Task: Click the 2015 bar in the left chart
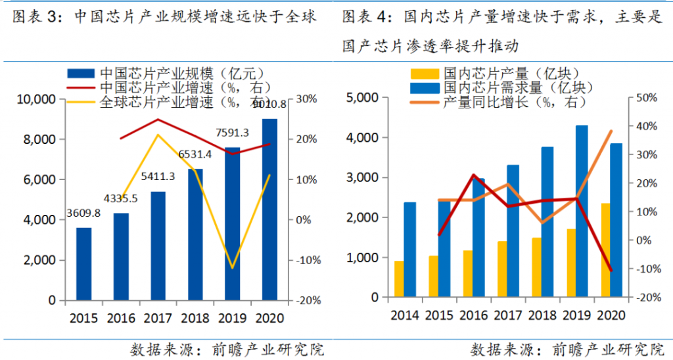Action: click(x=83, y=264)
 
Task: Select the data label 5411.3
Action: click(x=158, y=177)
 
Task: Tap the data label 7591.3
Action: click(x=232, y=133)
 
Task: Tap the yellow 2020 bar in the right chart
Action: click(x=606, y=250)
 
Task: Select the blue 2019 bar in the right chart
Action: click(x=582, y=211)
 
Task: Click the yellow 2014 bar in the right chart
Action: click(x=399, y=279)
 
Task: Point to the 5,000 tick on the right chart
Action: click(x=362, y=98)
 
